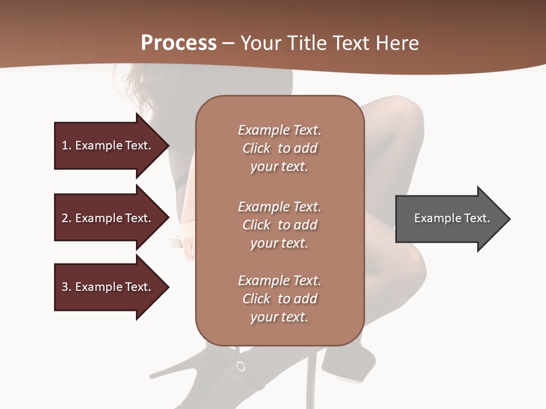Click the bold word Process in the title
[x=179, y=43]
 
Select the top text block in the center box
[x=279, y=148]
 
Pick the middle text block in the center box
[x=279, y=224]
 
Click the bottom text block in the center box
[x=279, y=299]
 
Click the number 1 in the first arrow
[x=65, y=145]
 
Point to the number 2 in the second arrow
[x=65, y=218]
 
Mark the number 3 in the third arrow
[x=65, y=287]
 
